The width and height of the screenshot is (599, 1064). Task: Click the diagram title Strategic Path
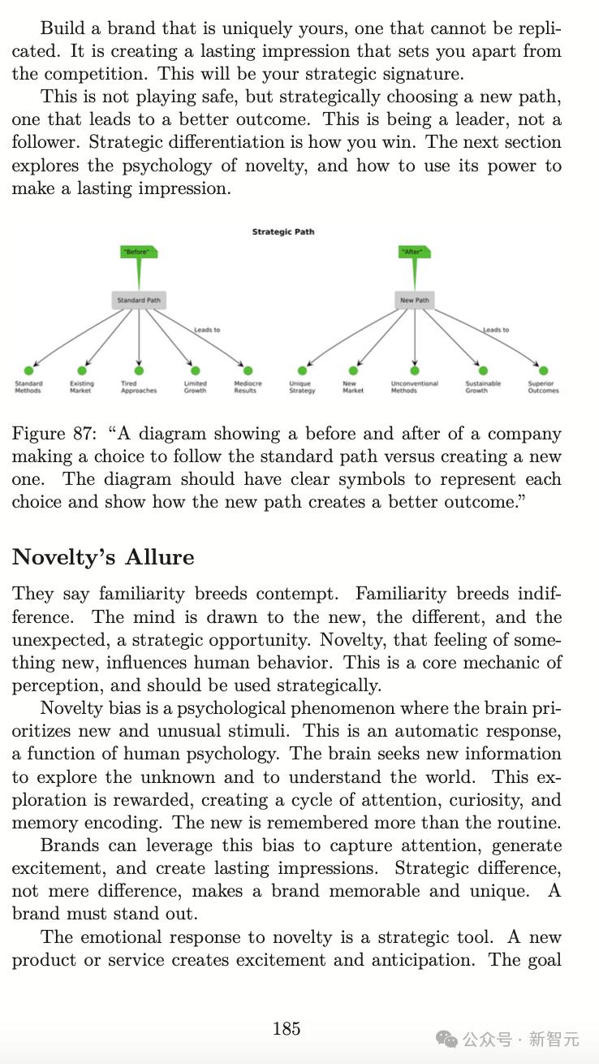point(282,231)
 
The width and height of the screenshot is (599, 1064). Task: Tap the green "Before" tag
point(137,252)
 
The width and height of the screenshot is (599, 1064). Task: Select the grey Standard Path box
point(139,301)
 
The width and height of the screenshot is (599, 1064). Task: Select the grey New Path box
point(415,301)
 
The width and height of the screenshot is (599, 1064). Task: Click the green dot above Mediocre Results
point(248,371)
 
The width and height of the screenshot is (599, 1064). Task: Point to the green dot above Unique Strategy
point(303,371)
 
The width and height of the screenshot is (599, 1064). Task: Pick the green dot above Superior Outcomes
point(543,371)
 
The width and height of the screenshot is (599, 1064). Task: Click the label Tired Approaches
point(139,387)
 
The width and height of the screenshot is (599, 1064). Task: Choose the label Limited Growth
point(195,387)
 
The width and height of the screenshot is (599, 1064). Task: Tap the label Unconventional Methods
point(414,387)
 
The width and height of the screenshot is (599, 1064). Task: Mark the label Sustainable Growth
point(483,387)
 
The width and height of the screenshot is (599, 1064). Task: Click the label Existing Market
point(81,387)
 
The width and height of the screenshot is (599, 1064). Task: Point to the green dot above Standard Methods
point(28,371)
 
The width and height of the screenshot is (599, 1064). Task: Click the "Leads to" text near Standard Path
point(207,330)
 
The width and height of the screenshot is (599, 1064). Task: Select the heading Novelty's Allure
point(103,557)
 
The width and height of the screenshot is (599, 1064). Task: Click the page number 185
point(287,1028)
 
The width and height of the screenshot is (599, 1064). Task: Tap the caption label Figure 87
point(54,434)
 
